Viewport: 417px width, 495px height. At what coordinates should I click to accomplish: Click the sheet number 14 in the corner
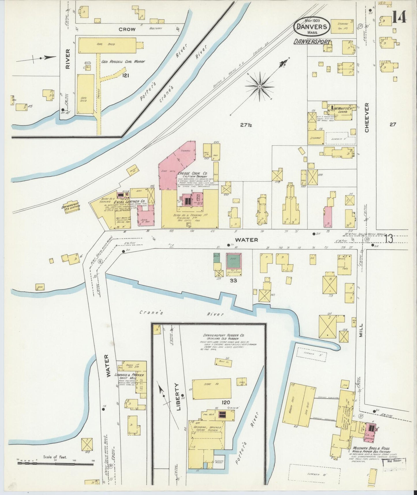[399, 16]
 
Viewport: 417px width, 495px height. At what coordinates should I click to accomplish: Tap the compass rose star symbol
[260, 86]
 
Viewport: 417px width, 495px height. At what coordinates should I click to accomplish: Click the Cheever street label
[367, 118]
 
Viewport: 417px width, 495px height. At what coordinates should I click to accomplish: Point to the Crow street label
[127, 29]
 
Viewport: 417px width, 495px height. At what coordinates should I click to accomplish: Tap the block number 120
[226, 402]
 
